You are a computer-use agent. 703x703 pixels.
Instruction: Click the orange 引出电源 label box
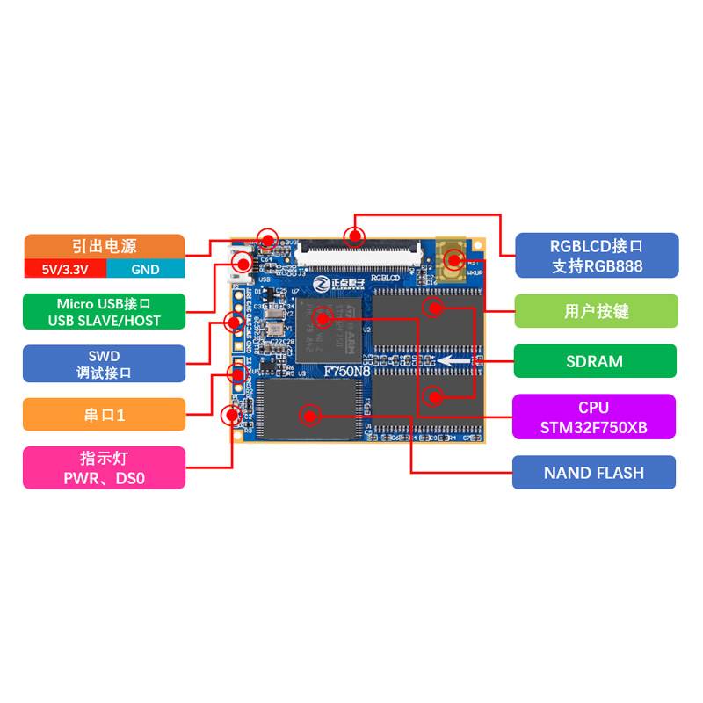(x=104, y=246)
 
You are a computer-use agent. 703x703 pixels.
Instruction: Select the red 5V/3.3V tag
(x=64, y=269)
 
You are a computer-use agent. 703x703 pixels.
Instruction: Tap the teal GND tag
(x=146, y=269)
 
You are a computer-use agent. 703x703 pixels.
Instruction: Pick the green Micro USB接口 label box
(x=104, y=312)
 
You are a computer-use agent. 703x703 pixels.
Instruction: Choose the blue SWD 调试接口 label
(x=104, y=364)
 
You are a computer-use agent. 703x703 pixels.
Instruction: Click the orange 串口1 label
(x=104, y=415)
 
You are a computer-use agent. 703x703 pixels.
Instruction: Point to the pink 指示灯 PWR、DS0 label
(x=104, y=467)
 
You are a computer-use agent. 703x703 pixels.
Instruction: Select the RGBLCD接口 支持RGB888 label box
(x=596, y=256)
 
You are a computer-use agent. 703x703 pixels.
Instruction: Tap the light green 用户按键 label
(x=596, y=311)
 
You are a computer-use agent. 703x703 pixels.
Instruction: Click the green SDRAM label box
(x=595, y=361)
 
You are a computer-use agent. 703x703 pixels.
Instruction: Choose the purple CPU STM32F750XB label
(x=594, y=417)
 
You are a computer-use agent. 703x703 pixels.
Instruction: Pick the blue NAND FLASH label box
(x=594, y=473)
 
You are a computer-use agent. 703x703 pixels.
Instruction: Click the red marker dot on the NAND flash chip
(x=308, y=411)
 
